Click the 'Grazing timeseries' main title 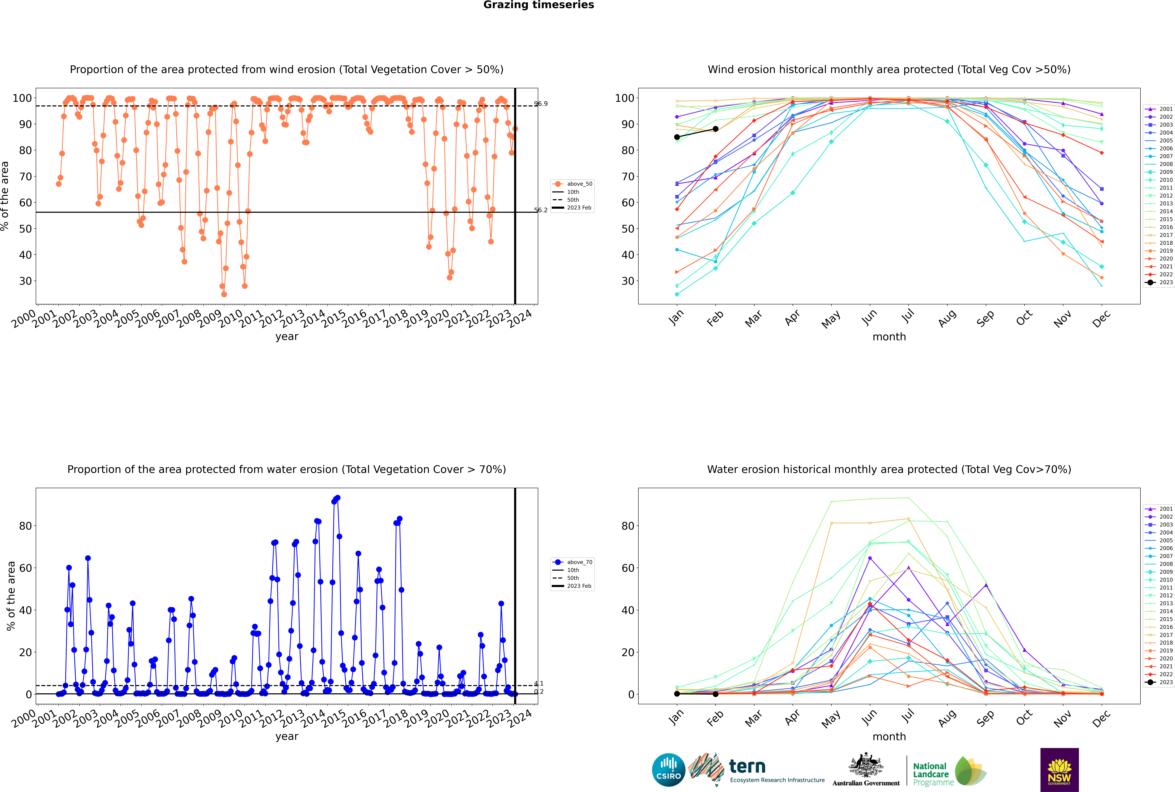click(539, 5)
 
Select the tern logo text click(747, 767)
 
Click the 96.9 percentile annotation click(541, 104)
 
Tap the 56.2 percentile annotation click(541, 210)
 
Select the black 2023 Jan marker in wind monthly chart click(677, 137)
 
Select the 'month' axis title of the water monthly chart click(889, 736)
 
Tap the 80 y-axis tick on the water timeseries click(25, 526)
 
